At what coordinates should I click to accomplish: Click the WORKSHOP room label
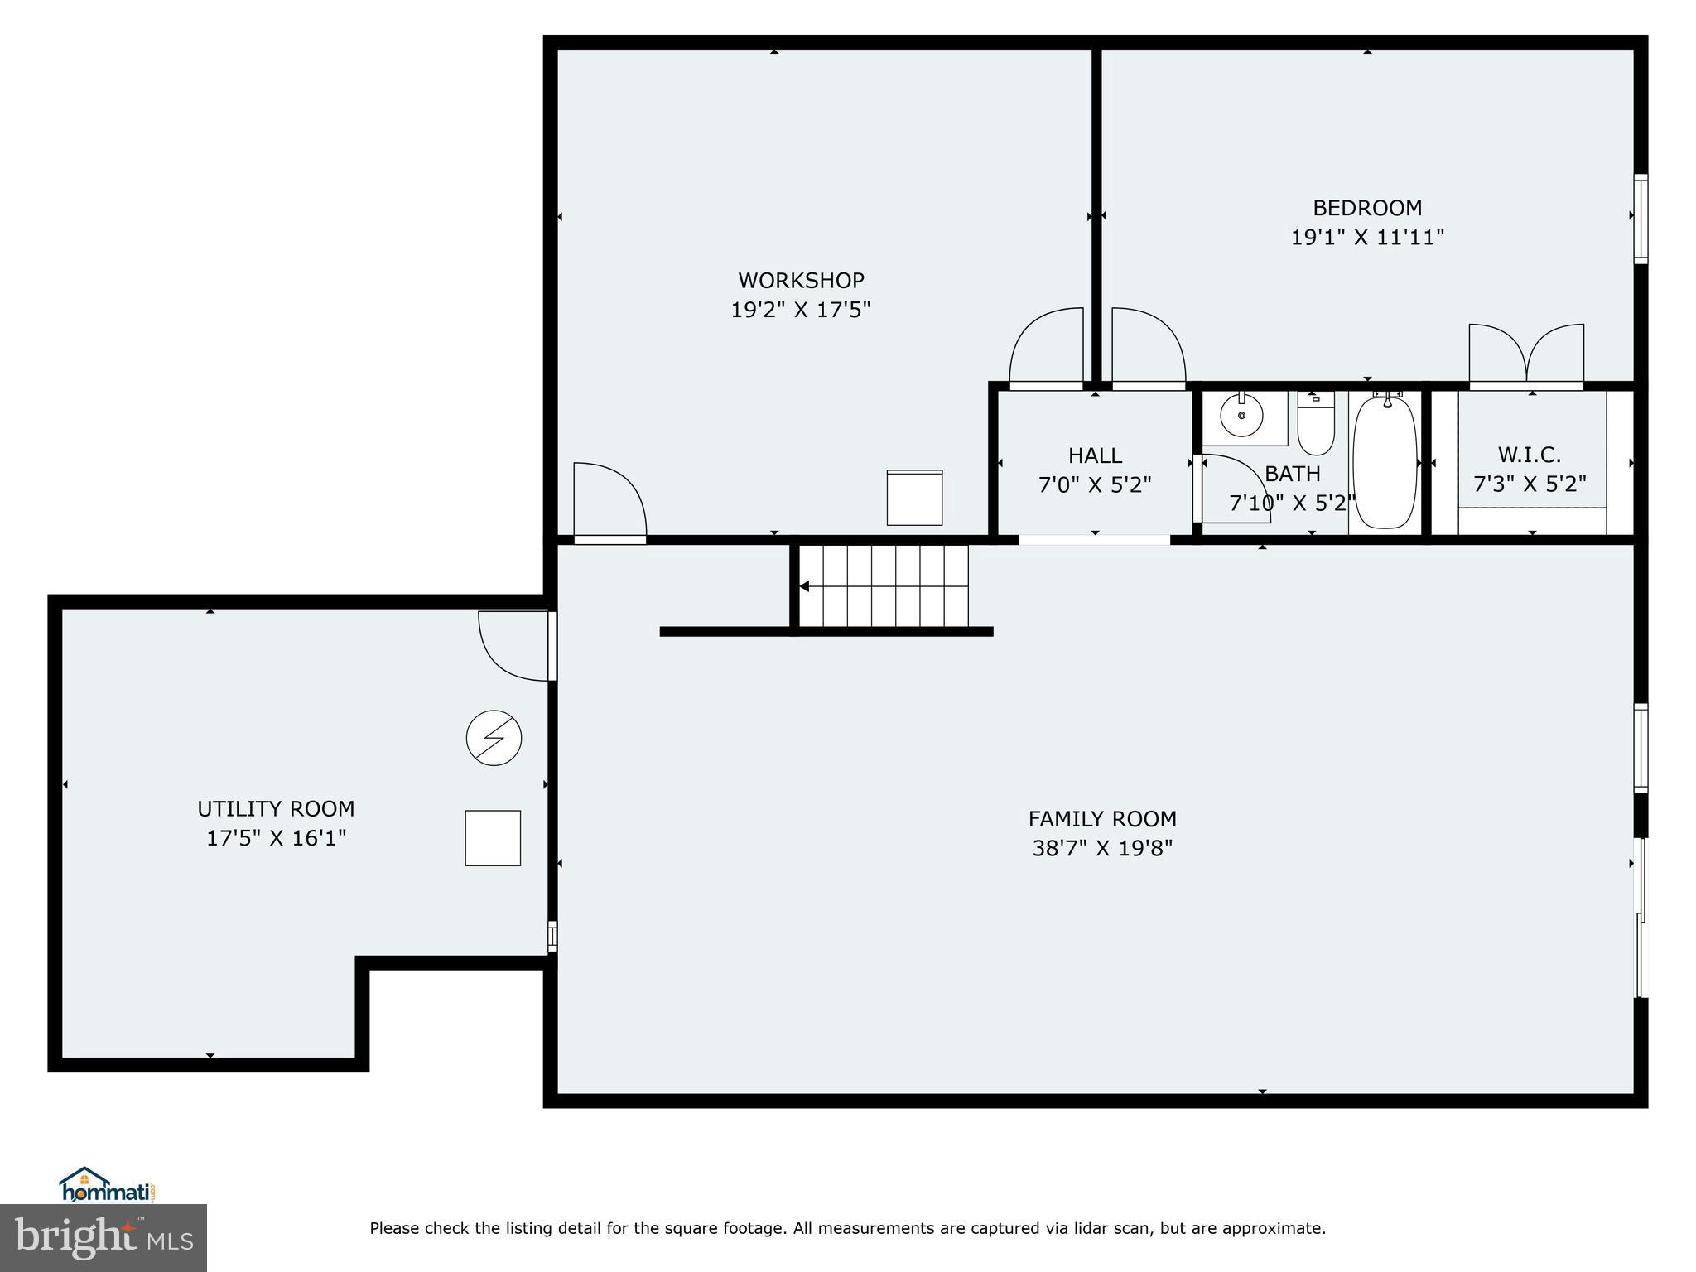(801, 280)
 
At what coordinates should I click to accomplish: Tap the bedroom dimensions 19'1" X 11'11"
(1367, 238)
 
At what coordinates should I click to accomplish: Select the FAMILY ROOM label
(1101, 819)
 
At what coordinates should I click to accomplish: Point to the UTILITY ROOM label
(276, 808)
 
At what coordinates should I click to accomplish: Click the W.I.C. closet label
(1529, 455)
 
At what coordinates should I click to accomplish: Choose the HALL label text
(1095, 455)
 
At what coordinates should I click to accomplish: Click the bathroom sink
(1241, 417)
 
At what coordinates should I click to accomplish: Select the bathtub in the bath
(1385, 462)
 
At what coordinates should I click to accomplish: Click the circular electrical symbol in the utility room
(494, 737)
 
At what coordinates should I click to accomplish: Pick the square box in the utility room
(493, 838)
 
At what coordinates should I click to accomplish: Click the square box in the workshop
(914, 498)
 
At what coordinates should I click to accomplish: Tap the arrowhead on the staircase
(804, 586)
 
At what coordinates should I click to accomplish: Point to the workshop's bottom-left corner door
(609, 501)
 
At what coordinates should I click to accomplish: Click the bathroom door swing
(1234, 489)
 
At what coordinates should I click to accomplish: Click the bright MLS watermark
(104, 1237)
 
